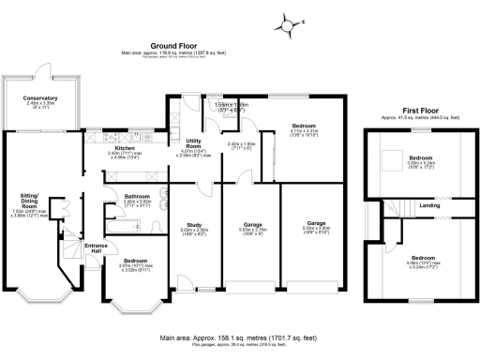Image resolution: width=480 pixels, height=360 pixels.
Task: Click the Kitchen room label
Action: [127, 148]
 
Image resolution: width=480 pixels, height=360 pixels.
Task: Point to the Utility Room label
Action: [193, 143]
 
